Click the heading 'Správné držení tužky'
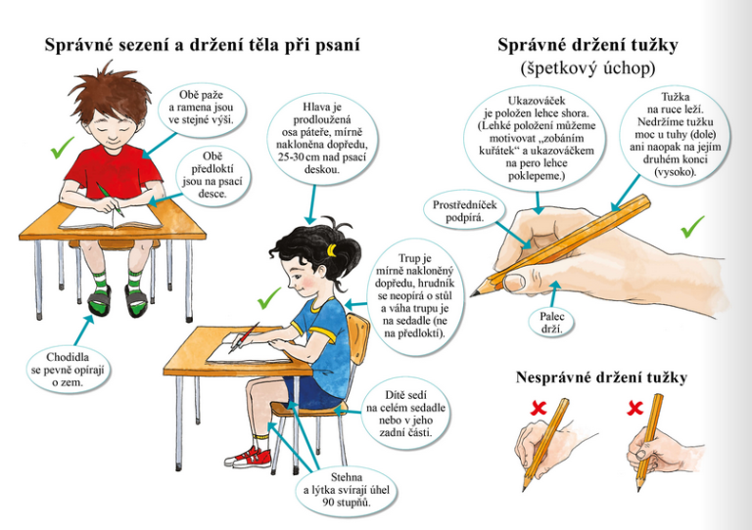tap(587, 45)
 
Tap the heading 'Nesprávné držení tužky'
tap(601, 377)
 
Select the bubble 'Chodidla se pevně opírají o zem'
tap(68, 370)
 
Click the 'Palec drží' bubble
tap(552, 323)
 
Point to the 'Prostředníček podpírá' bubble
tap(458, 211)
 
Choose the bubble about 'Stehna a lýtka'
tap(347, 490)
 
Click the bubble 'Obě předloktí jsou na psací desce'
tap(211, 175)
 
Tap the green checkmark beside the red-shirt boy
tap(62, 148)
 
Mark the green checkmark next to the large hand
tap(692, 227)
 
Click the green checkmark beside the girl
tap(269, 298)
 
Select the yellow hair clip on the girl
tap(330, 249)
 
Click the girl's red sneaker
tap(249, 457)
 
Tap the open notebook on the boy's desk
tap(111, 219)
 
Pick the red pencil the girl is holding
tap(244, 338)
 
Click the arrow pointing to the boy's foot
tap(83, 331)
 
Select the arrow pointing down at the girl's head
tap(312, 204)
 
